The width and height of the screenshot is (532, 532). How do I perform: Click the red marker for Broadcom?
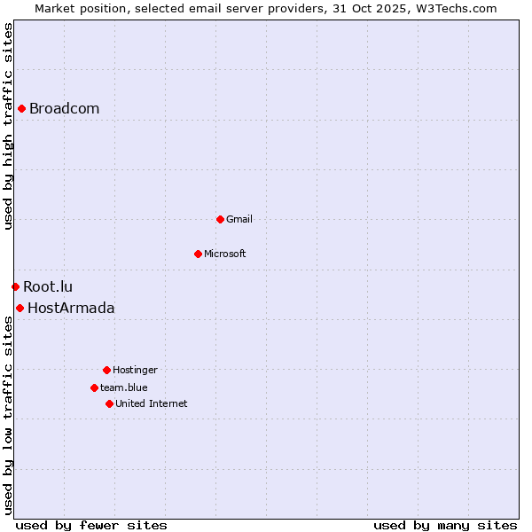(x=21, y=109)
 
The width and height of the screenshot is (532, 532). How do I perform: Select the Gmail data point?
(x=220, y=219)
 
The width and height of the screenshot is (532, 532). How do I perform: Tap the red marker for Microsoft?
(x=198, y=254)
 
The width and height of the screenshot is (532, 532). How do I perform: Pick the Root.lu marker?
(x=15, y=286)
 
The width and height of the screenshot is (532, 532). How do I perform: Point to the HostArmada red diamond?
(x=20, y=308)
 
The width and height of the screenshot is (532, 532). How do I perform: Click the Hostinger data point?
(x=106, y=370)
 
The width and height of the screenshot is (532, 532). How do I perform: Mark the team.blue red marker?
(x=94, y=387)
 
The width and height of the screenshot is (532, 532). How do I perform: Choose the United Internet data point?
(x=109, y=403)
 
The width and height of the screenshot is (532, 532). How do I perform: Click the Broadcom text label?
(x=64, y=109)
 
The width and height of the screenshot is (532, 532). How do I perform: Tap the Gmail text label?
(x=239, y=219)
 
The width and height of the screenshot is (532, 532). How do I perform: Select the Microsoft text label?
(x=225, y=254)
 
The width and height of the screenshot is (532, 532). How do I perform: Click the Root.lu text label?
(x=48, y=286)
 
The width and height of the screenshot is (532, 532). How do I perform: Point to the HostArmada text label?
(x=71, y=309)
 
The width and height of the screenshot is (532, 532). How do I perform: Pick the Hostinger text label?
(x=135, y=370)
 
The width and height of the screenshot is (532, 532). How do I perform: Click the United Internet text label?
(x=152, y=403)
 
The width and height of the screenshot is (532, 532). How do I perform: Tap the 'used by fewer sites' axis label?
(x=91, y=525)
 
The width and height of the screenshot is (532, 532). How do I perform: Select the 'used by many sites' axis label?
(x=445, y=525)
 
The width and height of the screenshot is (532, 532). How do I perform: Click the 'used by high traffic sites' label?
(x=8, y=126)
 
